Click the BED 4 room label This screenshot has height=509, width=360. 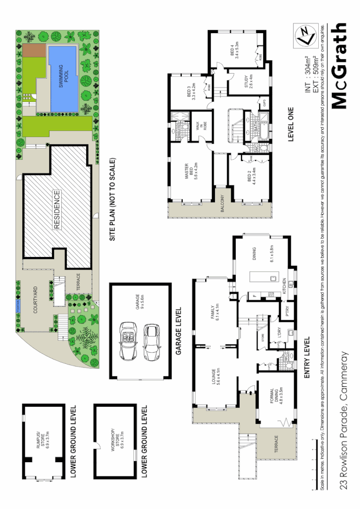pyautogui.click(x=235, y=50)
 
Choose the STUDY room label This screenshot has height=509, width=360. pyautogui.click(x=248, y=82)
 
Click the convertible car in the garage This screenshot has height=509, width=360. pyautogui.click(x=127, y=340)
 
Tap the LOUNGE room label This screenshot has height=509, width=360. pyautogui.click(x=215, y=377)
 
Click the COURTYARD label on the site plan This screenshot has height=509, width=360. pyautogui.click(x=35, y=298)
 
